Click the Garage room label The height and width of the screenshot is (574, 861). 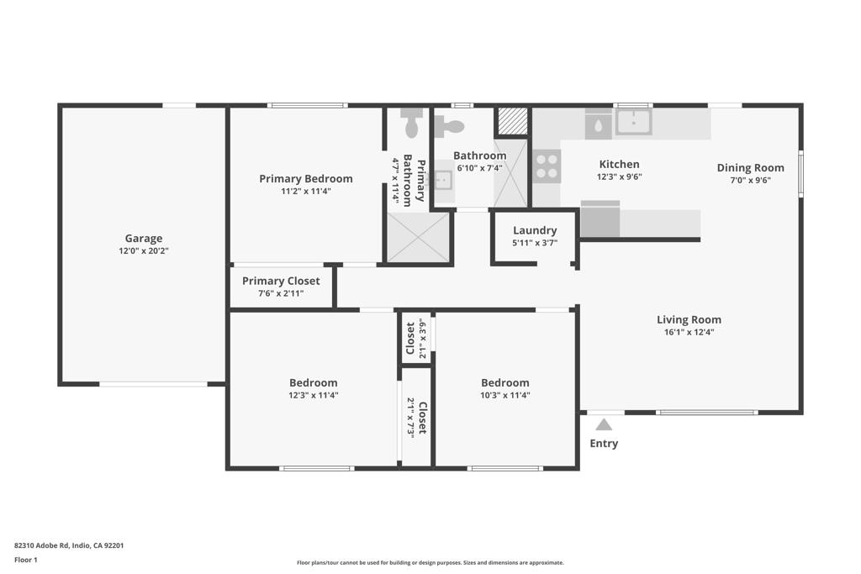click(144, 239)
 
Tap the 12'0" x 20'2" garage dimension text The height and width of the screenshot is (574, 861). click(144, 250)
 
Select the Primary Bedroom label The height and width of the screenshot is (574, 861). click(305, 179)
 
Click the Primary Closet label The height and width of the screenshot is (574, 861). click(281, 282)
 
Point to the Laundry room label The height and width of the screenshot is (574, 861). click(535, 230)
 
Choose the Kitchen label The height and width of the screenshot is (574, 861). click(619, 165)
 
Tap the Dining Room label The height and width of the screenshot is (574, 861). click(750, 168)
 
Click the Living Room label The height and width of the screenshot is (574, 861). click(689, 319)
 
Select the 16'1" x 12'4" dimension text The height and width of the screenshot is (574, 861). click(689, 332)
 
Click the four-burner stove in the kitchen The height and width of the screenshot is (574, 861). click(547, 166)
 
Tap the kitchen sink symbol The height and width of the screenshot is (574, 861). click(633, 122)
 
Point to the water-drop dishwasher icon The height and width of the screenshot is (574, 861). click(598, 125)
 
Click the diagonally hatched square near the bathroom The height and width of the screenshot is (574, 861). click(511, 121)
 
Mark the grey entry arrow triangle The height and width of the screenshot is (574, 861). click(604, 424)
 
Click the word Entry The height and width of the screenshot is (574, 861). click(604, 444)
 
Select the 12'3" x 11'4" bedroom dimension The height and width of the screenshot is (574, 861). click(313, 395)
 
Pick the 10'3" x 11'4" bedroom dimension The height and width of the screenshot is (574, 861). click(504, 395)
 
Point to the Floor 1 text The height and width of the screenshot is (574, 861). click(26, 560)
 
